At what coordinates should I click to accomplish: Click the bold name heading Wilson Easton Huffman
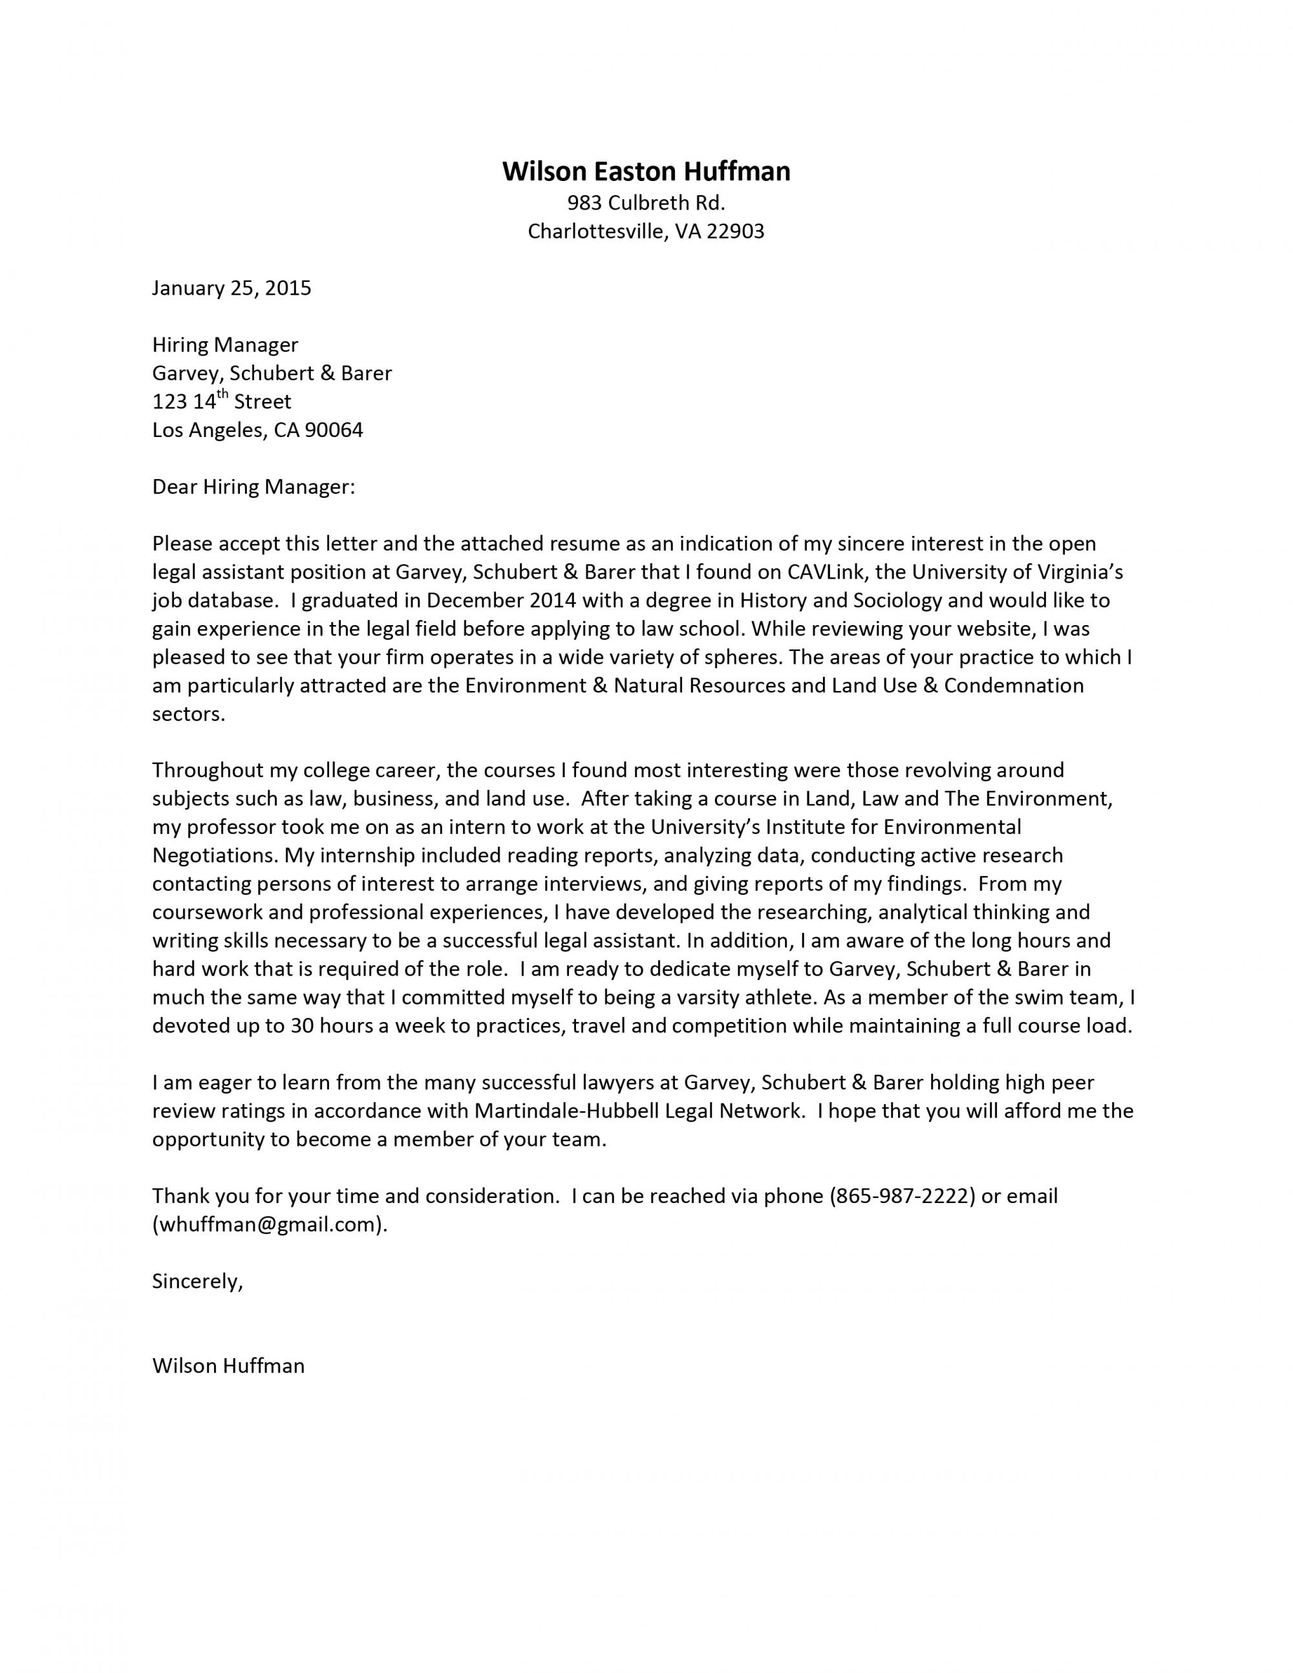tap(646, 171)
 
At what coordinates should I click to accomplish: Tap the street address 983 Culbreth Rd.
tap(646, 203)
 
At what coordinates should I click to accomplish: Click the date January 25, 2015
tap(231, 288)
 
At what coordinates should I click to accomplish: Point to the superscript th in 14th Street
tap(223, 394)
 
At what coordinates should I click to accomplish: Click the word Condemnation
tap(1014, 685)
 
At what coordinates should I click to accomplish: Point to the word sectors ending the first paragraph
tap(188, 714)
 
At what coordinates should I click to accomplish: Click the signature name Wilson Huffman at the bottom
tap(228, 1366)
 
